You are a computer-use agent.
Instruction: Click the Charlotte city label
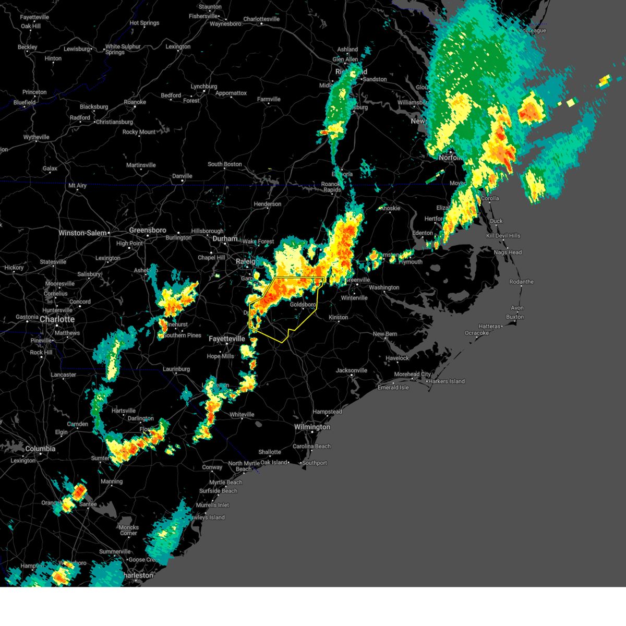tap(57, 319)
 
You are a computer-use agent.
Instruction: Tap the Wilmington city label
tap(312, 427)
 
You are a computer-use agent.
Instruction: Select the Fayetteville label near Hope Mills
tap(227, 339)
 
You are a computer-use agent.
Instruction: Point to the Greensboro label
tap(148, 230)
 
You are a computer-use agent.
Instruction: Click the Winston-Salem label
tap(82, 233)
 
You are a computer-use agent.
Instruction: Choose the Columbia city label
tap(40, 449)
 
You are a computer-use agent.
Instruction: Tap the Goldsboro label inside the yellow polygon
tap(303, 305)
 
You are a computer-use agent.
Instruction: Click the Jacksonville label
tap(352, 370)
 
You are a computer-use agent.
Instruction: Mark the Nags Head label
tap(508, 252)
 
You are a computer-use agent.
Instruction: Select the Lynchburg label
tap(204, 87)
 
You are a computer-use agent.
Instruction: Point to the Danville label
tap(182, 176)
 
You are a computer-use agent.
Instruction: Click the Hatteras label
tap(489, 327)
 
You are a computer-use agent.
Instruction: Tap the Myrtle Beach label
tap(226, 483)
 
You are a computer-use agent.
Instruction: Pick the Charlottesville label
tap(261, 19)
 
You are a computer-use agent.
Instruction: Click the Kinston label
tap(338, 317)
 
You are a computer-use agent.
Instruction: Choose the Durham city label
tap(225, 238)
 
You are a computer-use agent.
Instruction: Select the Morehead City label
tap(413, 374)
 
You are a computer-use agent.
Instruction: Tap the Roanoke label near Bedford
tap(135, 102)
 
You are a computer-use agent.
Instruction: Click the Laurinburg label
tap(176, 369)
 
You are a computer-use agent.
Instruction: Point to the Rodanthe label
tap(521, 282)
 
